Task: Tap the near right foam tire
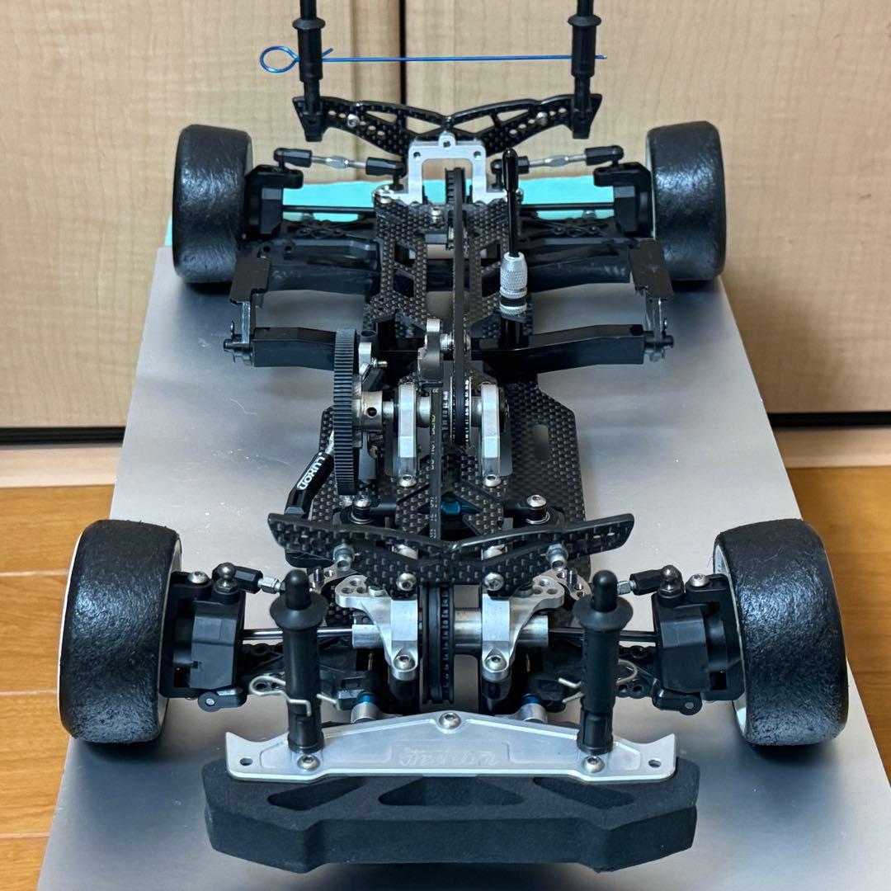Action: tap(780, 631)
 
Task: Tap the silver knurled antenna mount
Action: tap(513, 289)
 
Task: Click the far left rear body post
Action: tap(309, 66)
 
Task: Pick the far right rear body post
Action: tap(583, 66)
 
